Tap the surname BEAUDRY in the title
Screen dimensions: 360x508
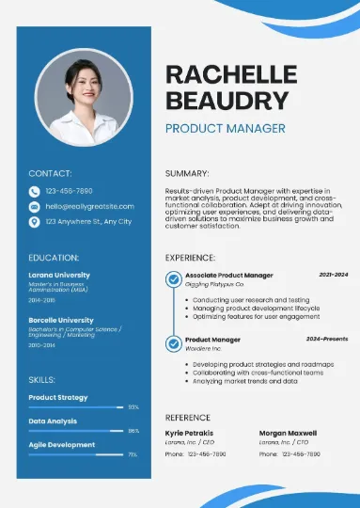point(226,101)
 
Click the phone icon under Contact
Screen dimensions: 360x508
point(35,190)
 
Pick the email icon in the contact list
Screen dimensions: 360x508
point(35,205)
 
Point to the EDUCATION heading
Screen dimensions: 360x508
point(54,256)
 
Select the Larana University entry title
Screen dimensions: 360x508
point(60,275)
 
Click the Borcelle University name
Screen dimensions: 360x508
point(61,320)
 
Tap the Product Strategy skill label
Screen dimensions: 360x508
point(58,397)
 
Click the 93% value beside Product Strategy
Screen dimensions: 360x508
point(133,407)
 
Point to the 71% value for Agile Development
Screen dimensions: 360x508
point(133,454)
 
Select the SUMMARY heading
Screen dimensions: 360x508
point(187,173)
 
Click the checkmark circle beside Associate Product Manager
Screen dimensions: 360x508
point(173,279)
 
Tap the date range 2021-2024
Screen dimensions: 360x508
point(333,275)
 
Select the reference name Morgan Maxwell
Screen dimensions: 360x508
point(287,432)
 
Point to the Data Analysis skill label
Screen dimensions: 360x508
point(53,421)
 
